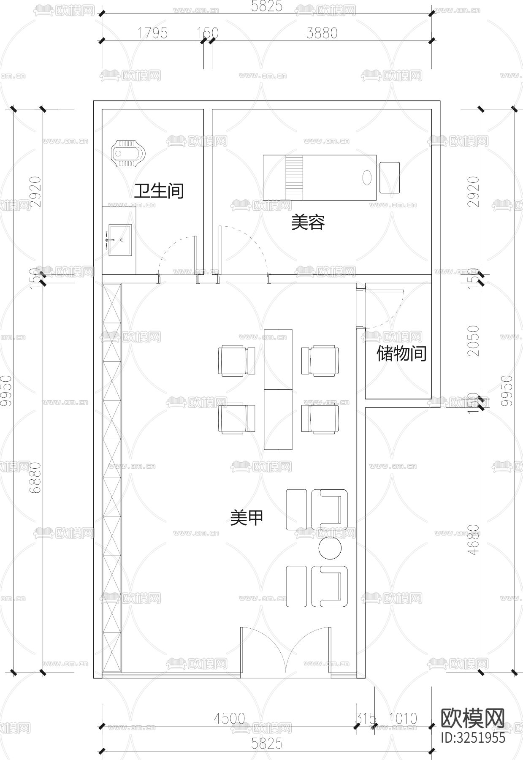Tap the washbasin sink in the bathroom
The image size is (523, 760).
tap(120, 240)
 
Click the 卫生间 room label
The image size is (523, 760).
tap(159, 191)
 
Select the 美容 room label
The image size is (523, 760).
tap(308, 223)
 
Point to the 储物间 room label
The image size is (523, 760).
tap(401, 354)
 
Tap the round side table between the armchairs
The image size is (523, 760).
tap(330, 548)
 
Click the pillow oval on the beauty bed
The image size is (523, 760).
tap(367, 177)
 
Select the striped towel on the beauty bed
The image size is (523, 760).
tap(294, 177)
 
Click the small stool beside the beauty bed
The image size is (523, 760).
tap(389, 177)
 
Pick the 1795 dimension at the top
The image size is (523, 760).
tap(152, 33)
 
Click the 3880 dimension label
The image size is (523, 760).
tap(322, 33)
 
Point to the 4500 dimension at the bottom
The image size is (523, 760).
tap(229, 718)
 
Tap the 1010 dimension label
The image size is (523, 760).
tap(402, 718)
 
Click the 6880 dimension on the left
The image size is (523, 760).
tap(35, 477)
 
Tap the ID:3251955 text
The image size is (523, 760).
tap(472, 737)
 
